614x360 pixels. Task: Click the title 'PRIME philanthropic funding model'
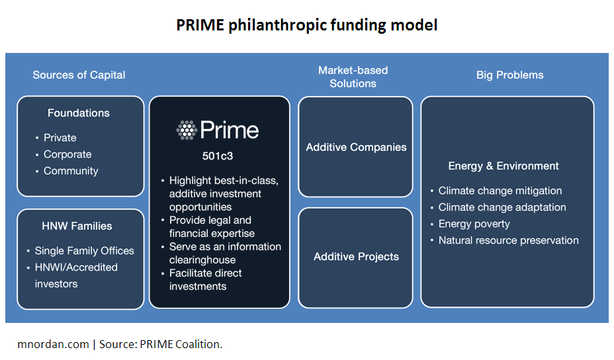pyautogui.click(x=306, y=25)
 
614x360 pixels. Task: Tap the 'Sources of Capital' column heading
pyautogui.click(x=79, y=75)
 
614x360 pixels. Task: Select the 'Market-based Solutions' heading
pyautogui.click(x=353, y=77)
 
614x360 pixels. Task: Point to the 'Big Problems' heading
pyautogui.click(x=510, y=75)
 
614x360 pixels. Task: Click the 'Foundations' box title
pyautogui.click(x=79, y=112)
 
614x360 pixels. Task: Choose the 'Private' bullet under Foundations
pyautogui.click(x=60, y=138)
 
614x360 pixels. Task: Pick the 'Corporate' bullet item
pyautogui.click(x=67, y=154)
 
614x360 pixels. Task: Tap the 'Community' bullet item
pyautogui.click(x=71, y=171)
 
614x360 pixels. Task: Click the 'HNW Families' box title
pyautogui.click(x=77, y=226)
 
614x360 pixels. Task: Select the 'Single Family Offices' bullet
pyautogui.click(x=84, y=251)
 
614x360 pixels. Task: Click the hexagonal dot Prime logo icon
pyautogui.click(x=187, y=130)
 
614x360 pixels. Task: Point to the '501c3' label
pyautogui.click(x=217, y=156)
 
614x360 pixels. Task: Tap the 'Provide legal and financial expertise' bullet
pyautogui.click(x=212, y=227)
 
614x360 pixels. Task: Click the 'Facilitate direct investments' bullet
pyautogui.click(x=206, y=280)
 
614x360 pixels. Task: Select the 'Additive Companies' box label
pyautogui.click(x=356, y=148)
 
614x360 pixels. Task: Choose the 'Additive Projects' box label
pyautogui.click(x=356, y=257)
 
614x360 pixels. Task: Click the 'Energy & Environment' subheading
pyautogui.click(x=504, y=166)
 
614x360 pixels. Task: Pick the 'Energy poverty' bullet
pyautogui.click(x=474, y=224)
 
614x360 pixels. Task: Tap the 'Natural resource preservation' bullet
pyautogui.click(x=508, y=240)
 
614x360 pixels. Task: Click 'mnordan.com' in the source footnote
pyautogui.click(x=53, y=344)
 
